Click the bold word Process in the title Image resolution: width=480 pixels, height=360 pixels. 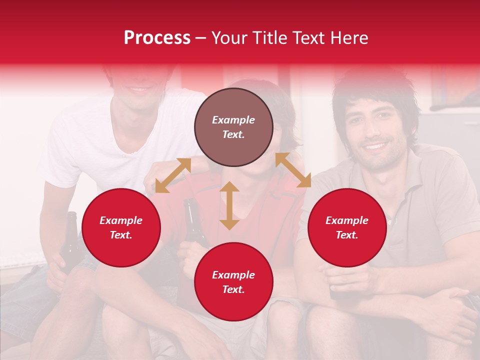[157, 38]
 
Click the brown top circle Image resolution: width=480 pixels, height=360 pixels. [233, 127]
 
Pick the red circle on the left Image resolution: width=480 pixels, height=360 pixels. [121, 227]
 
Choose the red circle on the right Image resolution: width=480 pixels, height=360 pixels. [347, 227]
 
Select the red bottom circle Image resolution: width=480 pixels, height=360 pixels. [233, 281]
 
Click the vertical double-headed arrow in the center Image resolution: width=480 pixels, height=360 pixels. [229, 205]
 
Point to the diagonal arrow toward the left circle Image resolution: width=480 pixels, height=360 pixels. [173, 175]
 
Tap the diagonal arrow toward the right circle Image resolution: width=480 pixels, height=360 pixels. [293, 170]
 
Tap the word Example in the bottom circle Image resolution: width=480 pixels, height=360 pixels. [233, 274]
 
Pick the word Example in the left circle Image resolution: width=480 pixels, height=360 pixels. [121, 220]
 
